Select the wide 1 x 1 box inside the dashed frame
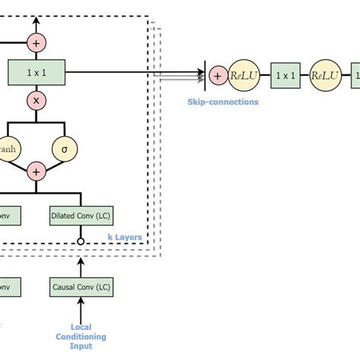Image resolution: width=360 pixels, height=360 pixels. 36,73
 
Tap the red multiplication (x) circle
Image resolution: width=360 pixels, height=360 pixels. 36,100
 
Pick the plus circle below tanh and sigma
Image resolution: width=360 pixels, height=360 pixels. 36,172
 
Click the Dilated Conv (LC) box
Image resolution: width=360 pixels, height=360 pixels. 80,215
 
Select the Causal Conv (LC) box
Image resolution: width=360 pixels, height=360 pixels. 80,287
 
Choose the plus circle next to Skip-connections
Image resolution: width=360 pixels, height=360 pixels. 217,75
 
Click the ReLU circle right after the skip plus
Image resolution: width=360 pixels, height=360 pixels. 244,75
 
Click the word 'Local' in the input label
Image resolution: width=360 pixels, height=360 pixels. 81,327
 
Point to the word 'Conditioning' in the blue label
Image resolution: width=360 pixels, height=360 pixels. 81,336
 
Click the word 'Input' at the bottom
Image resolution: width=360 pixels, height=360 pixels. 81,346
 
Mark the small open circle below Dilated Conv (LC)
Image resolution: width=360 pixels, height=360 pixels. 80,242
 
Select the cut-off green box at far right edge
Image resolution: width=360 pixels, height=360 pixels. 355,75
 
